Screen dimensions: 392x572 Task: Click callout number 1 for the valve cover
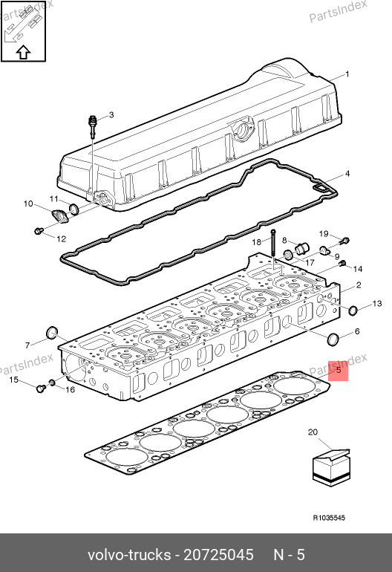[347, 74]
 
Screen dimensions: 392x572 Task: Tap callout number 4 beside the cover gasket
[347, 174]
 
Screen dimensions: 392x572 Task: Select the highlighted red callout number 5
[339, 371]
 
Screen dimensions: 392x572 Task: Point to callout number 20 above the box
[313, 432]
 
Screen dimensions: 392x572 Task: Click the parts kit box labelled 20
[331, 467]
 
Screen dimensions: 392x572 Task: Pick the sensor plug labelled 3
[94, 126]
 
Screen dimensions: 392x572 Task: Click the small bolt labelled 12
[39, 230]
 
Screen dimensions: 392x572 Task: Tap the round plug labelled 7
[52, 332]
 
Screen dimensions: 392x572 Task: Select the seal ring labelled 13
[353, 311]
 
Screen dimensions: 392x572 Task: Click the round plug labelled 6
[333, 339]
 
